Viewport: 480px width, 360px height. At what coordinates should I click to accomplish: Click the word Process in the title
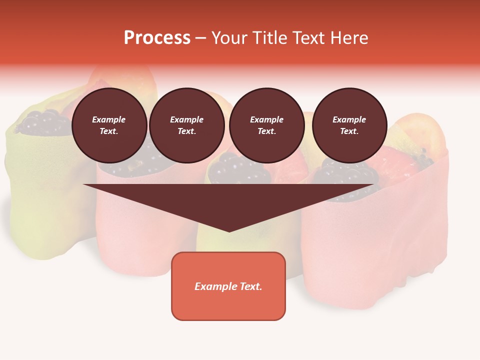point(157,38)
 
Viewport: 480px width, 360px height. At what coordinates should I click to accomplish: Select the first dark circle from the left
point(109,125)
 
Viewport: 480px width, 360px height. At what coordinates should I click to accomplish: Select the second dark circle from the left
point(187,125)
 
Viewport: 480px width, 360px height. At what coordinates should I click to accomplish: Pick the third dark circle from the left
point(266,125)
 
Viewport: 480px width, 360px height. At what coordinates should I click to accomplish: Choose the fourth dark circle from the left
point(349,125)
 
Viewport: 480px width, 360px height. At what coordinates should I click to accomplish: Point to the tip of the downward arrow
point(229,230)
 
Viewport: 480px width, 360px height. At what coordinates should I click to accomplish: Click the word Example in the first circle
point(109,119)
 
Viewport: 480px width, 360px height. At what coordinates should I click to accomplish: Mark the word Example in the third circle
point(266,119)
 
